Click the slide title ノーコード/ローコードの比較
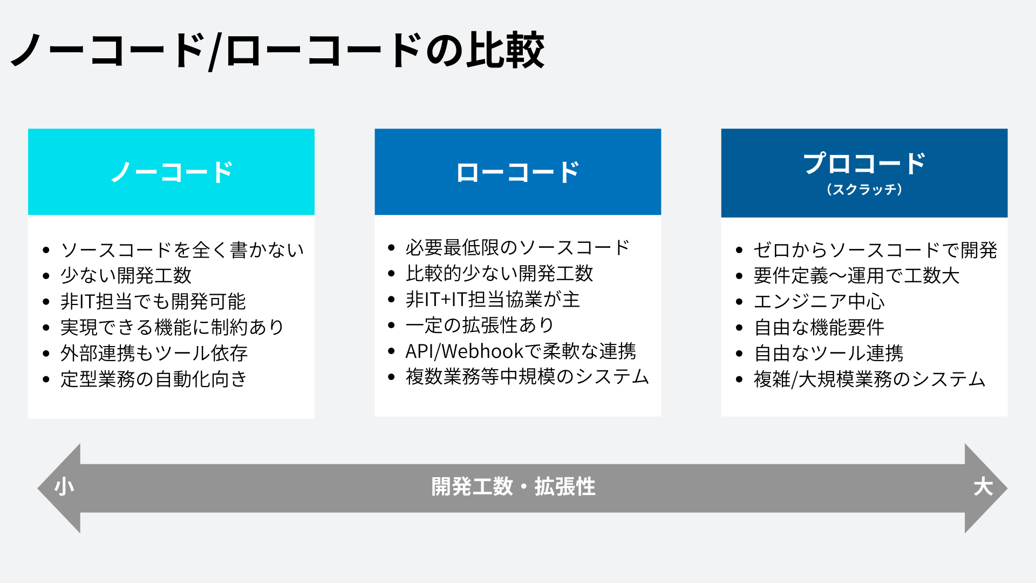coord(277,51)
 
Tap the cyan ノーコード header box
coord(171,172)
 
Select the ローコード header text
coord(517,173)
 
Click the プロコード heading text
coord(864,164)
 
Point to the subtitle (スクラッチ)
coord(864,189)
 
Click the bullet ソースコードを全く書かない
coord(182,250)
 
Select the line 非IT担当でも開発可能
coord(153,301)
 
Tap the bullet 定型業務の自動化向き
coord(154,379)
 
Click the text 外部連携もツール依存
coord(154,353)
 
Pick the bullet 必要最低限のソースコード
coord(517,248)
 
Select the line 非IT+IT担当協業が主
coord(493,300)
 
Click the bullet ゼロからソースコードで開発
coord(875,250)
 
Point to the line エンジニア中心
coord(819,301)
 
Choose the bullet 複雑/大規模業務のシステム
coord(869,379)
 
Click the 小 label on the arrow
coord(64,487)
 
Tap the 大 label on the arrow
coord(983,487)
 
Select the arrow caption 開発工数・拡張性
coord(513,487)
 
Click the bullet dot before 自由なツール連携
coord(739,354)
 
